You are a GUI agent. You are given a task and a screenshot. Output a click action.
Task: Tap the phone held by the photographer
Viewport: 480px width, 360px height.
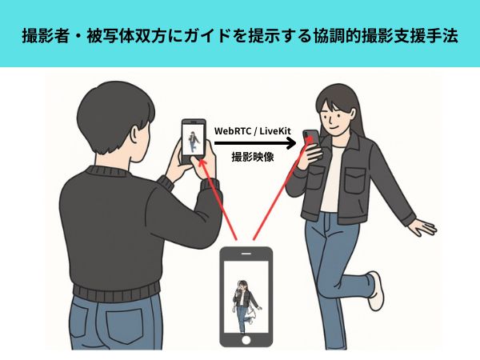pyautogui.click(x=193, y=141)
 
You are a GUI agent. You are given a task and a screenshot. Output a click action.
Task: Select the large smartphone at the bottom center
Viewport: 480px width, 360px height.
pyautogui.click(x=246, y=296)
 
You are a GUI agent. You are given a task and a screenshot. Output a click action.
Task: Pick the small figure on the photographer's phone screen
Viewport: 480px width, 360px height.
pyautogui.click(x=193, y=142)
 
